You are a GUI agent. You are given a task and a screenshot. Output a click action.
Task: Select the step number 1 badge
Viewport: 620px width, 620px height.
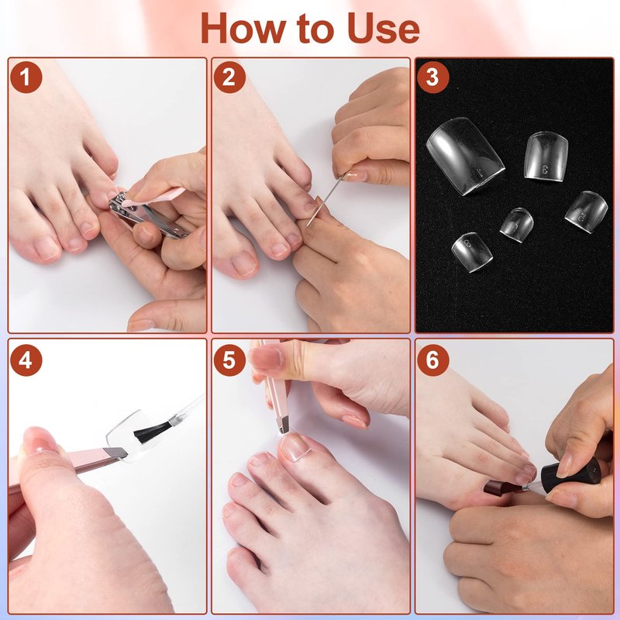[26, 77]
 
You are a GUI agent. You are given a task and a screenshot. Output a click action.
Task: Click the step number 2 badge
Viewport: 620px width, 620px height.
[229, 77]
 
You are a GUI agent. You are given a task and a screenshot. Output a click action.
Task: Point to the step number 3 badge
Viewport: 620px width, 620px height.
[432, 77]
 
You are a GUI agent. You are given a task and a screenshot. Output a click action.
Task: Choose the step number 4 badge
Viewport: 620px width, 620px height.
[26, 360]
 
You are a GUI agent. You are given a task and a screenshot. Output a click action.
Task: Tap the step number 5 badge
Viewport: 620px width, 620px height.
[229, 360]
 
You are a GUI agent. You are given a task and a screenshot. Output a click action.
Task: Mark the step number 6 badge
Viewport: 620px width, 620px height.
[432, 360]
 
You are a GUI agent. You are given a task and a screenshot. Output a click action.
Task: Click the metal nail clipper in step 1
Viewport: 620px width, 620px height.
[147, 215]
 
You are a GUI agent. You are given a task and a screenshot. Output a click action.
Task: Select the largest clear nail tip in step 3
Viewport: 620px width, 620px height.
[465, 156]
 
